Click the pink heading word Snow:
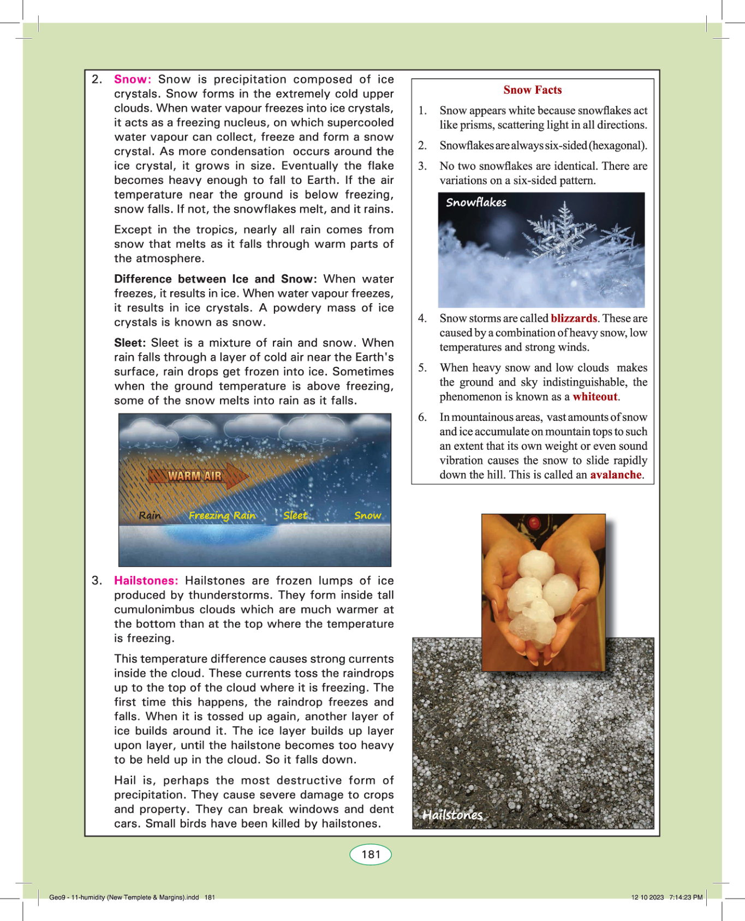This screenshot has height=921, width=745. [x=133, y=80]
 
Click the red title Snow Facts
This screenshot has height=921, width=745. [x=532, y=90]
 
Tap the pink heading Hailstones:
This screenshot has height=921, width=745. [x=146, y=581]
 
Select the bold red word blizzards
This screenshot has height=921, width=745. [x=574, y=318]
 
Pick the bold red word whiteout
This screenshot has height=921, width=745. [x=595, y=397]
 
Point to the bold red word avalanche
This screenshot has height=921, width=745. [x=616, y=475]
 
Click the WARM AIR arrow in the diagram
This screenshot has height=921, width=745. [x=196, y=476]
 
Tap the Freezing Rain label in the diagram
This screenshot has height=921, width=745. [x=222, y=515]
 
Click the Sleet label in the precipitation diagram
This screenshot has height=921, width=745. [x=295, y=515]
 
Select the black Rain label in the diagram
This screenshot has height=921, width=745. [x=150, y=515]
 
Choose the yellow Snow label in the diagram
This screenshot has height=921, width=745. [x=367, y=515]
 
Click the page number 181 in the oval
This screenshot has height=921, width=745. [x=371, y=854]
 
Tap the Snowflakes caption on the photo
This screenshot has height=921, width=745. [x=476, y=202]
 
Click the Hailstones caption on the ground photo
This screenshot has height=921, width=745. [x=452, y=815]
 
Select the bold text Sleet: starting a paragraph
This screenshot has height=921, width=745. [x=130, y=343]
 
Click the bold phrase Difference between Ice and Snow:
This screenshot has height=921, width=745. [x=215, y=279]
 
